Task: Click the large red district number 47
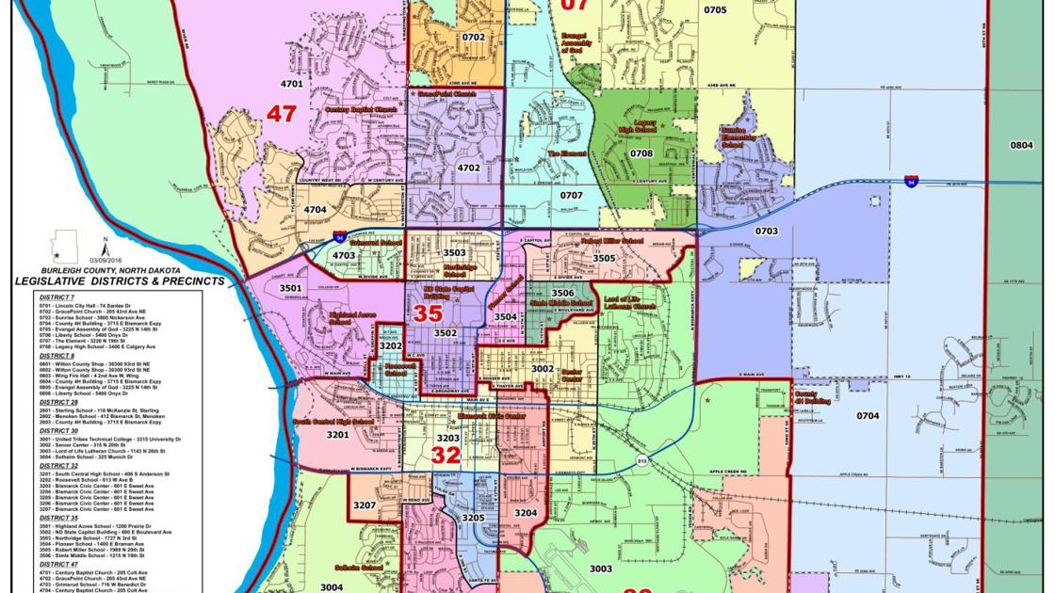281,114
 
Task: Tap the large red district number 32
446,456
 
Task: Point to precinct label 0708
641,152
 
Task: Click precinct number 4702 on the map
468,168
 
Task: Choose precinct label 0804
1021,145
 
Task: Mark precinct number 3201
337,436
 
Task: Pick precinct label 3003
600,569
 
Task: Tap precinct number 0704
867,415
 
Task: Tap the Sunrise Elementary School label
738,138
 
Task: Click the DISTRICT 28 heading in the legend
57,402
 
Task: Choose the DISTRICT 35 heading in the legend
57,517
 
